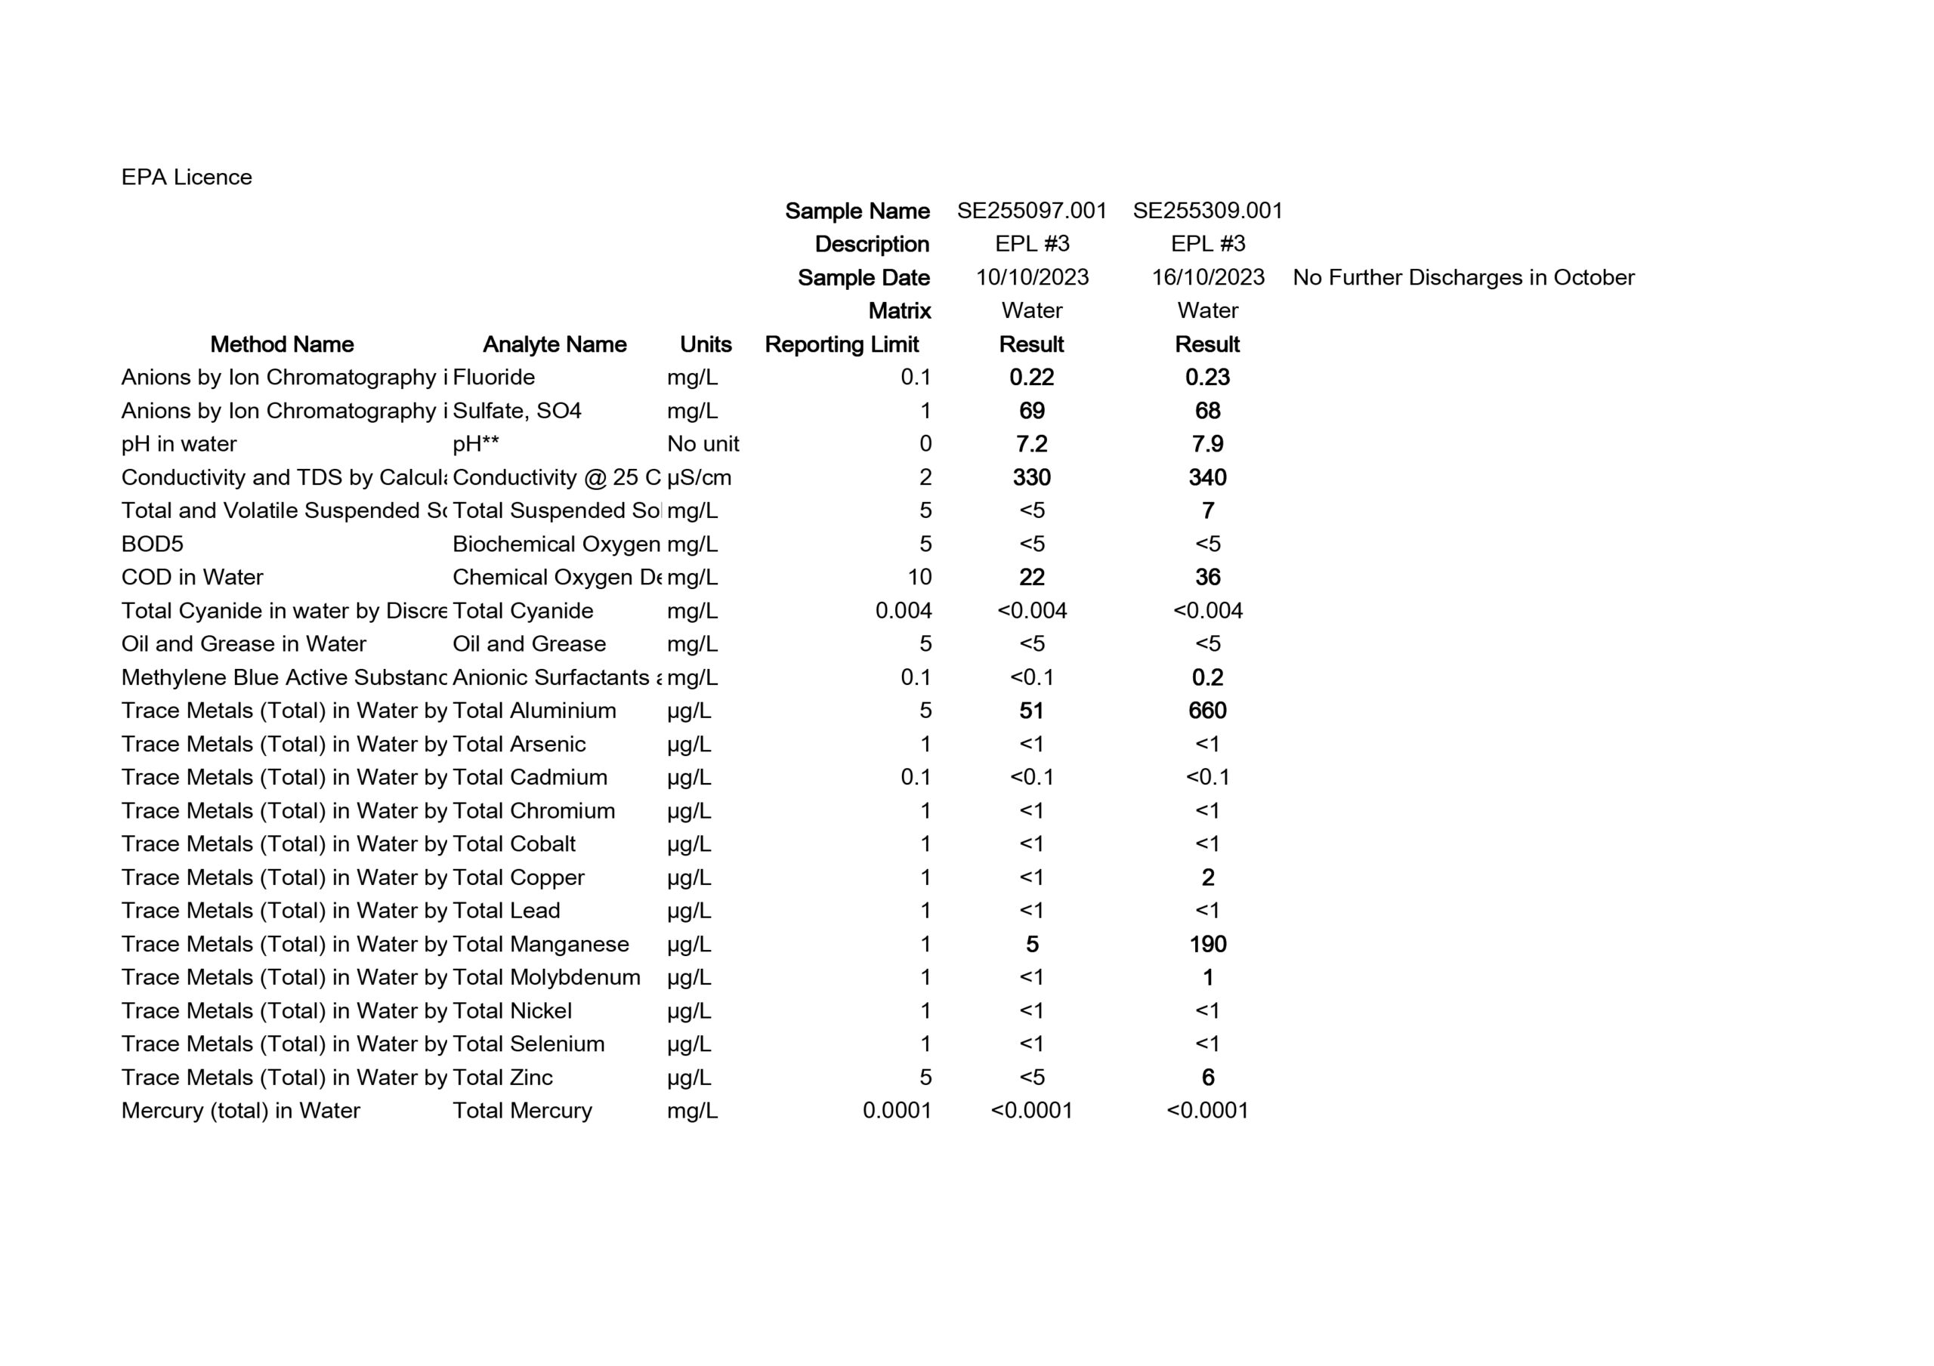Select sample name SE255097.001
click(x=1031, y=211)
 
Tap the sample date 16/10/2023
click(x=1207, y=277)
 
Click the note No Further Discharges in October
click(x=1463, y=277)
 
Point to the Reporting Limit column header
click(x=841, y=344)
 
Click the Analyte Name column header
click(x=555, y=344)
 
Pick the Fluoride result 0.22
click(x=1031, y=378)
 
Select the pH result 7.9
click(x=1207, y=444)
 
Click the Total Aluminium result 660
click(x=1207, y=711)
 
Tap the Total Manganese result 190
click(x=1207, y=944)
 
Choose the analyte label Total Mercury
click(x=522, y=1111)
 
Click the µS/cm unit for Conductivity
click(x=699, y=477)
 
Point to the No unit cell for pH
click(x=703, y=444)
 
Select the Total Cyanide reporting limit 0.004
click(x=903, y=611)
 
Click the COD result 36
click(x=1207, y=578)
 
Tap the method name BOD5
click(x=153, y=544)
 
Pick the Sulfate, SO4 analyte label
click(x=517, y=411)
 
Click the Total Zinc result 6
click(x=1207, y=1077)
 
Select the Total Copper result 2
click(x=1207, y=877)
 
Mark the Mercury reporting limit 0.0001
click(x=896, y=1111)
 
